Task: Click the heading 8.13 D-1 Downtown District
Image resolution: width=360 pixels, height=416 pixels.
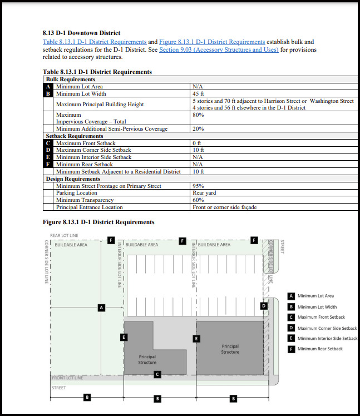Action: pyautogui.click(x=81, y=33)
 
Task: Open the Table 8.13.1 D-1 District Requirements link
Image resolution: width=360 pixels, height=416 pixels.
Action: pyautogui.click(x=95, y=42)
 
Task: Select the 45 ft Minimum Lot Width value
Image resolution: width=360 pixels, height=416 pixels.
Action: pyautogui.click(x=199, y=93)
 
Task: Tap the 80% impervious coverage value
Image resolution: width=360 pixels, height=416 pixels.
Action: pyautogui.click(x=198, y=115)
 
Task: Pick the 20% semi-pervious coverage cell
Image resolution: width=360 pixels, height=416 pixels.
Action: pyautogui.click(x=198, y=128)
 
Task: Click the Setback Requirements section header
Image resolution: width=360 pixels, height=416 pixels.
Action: pyautogui.click(x=74, y=136)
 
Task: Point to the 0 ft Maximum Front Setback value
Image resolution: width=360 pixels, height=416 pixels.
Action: pyautogui.click(x=198, y=143)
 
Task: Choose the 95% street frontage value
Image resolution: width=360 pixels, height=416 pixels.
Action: pyautogui.click(x=198, y=186)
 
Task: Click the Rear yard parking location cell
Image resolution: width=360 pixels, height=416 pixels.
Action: pyautogui.click(x=205, y=192)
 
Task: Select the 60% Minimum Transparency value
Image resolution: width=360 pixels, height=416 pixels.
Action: pyautogui.click(x=198, y=200)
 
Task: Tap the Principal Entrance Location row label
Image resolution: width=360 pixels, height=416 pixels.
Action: pyautogui.click(x=89, y=207)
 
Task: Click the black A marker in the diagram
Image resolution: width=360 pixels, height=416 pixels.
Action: pyautogui.click(x=101, y=307)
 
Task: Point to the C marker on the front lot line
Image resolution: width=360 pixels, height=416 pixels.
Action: pyautogui.click(x=157, y=374)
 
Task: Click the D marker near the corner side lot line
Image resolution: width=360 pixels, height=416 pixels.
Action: pyautogui.click(x=264, y=305)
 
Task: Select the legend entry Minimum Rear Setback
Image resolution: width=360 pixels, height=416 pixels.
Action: pyautogui.click(x=320, y=349)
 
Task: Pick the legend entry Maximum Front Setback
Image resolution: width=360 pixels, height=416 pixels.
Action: pyautogui.click(x=321, y=317)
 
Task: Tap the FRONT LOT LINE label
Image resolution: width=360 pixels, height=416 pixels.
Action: pyautogui.click(x=67, y=378)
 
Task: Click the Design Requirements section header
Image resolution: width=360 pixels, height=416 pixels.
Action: pyautogui.click(x=73, y=179)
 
